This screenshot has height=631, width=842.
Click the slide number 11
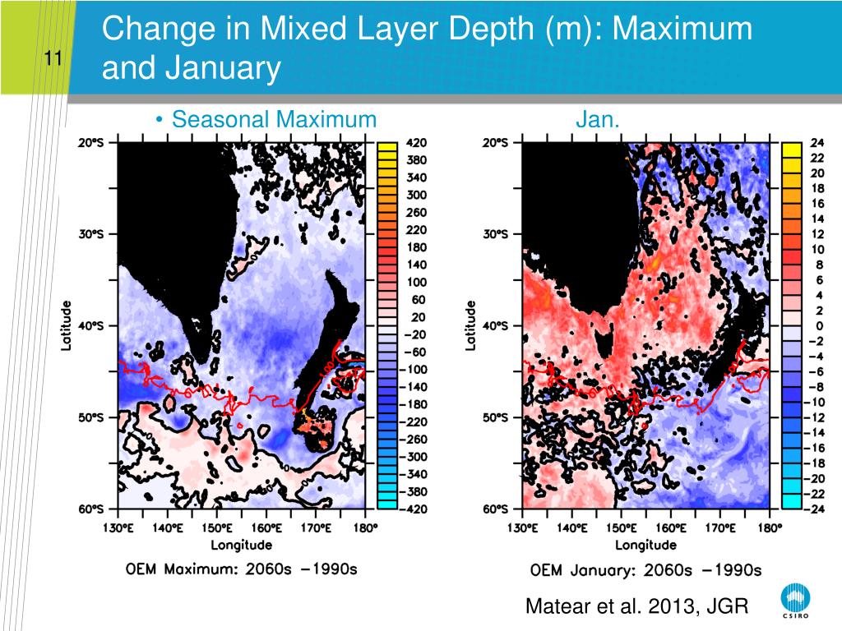54,58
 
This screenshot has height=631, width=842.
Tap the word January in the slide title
222,68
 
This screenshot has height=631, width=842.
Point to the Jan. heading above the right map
597,120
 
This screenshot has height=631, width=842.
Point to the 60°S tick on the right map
496,509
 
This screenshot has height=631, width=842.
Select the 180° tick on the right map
768,527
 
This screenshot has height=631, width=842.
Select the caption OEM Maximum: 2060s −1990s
241,569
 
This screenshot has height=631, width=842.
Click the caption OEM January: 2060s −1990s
645,569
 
